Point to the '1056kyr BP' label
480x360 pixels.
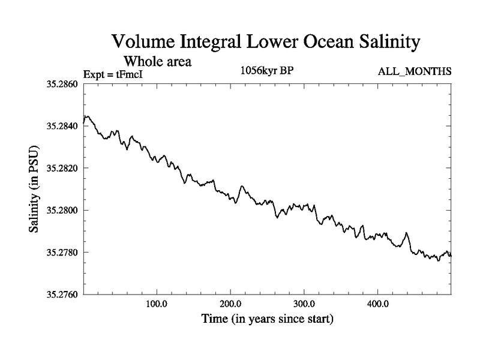266,71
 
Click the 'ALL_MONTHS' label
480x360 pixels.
415,72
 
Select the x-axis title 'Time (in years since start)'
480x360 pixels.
266,319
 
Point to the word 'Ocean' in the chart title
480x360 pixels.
315,43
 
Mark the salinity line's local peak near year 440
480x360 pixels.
406,233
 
